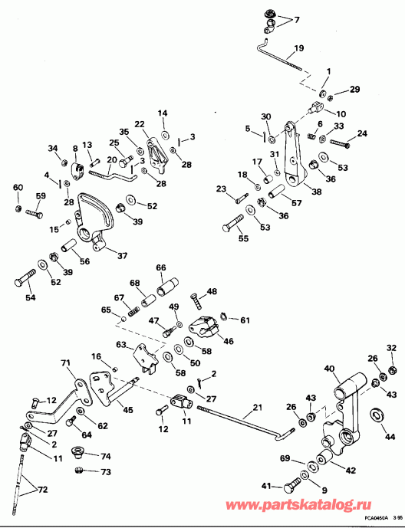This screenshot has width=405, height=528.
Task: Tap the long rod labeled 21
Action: click(x=245, y=420)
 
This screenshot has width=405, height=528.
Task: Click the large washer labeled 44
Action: click(x=377, y=415)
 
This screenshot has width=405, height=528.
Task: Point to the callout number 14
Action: click(x=163, y=113)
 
